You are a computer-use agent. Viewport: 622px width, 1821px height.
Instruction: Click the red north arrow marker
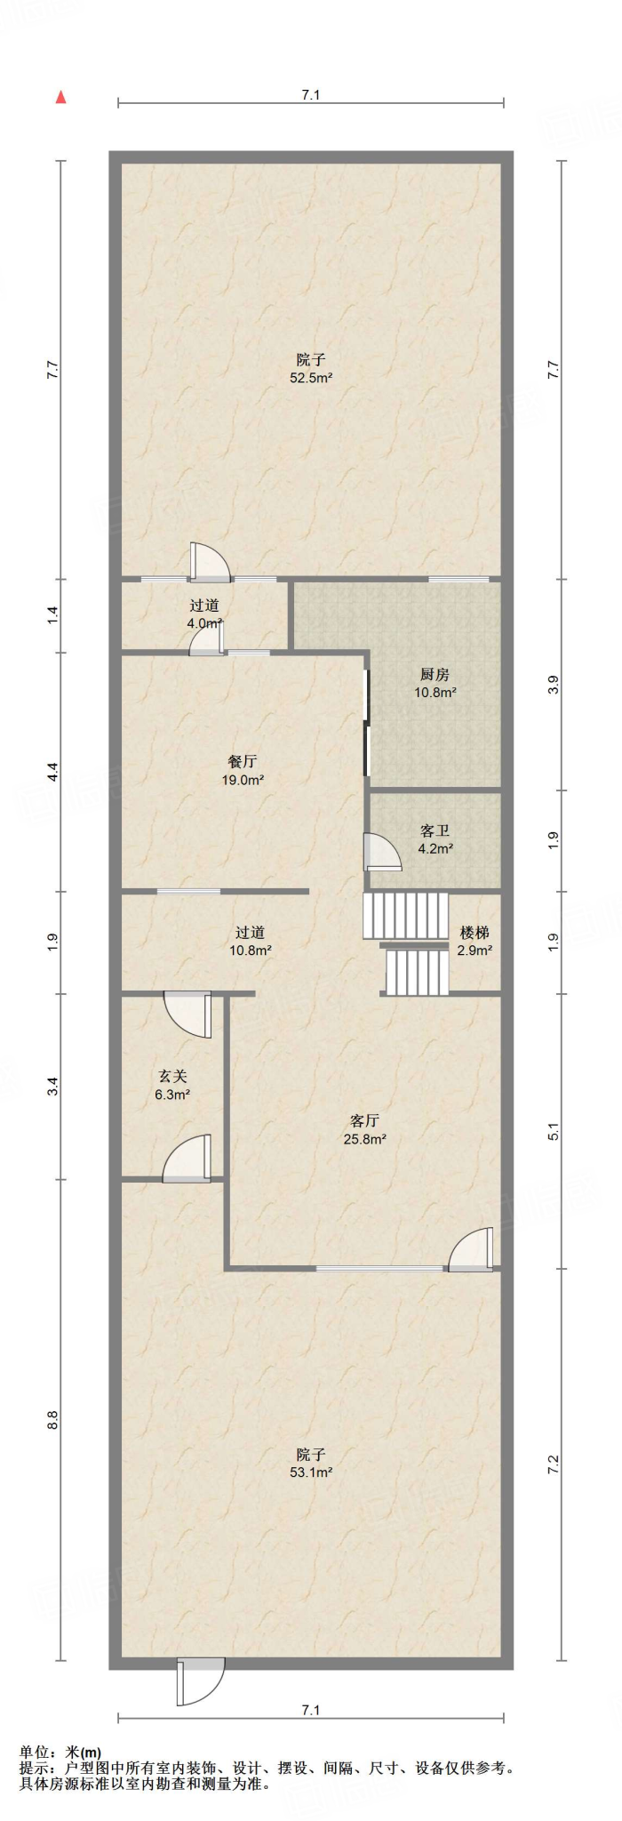(60, 97)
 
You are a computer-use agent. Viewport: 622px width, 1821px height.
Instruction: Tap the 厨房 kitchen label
(435, 675)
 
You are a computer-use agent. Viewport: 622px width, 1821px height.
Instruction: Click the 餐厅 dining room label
(243, 762)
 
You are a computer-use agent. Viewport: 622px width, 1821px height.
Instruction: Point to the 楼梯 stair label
(474, 933)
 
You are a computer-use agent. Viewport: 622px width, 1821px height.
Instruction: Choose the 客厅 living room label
(364, 1120)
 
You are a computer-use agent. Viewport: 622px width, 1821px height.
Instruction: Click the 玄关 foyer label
(172, 1077)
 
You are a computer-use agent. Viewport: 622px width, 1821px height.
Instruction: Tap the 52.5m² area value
(311, 378)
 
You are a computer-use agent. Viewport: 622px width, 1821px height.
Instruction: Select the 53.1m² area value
(311, 1472)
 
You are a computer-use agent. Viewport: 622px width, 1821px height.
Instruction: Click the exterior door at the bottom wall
(201, 1681)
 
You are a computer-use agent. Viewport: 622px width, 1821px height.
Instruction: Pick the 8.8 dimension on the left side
(52, 1420)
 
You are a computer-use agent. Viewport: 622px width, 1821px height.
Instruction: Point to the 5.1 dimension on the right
(554, 1132)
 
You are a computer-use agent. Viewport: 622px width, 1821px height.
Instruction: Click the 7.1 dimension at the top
(310, 95)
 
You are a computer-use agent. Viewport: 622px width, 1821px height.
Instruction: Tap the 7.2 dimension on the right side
(554, 1464)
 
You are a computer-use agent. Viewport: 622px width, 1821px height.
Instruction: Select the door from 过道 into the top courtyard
(211, 562)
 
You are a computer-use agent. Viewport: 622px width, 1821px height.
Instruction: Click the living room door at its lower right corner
(471, 1249)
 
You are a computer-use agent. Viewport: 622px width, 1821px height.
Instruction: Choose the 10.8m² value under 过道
(251, 950)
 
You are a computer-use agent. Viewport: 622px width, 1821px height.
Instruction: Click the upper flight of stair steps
(406, 915)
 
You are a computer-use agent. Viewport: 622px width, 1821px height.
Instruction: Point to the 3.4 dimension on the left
(52, 1086)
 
